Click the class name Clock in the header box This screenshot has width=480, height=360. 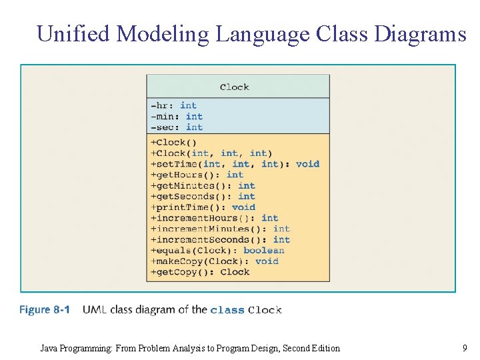coord(234,87)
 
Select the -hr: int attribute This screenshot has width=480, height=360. coord(173,105)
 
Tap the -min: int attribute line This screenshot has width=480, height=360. coord(177,116)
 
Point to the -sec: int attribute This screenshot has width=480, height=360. coord(177,127)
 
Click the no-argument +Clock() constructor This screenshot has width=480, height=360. coord(173,142)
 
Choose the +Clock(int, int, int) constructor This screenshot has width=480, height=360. coord(211,153)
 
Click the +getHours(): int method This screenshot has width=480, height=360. coord(197,175)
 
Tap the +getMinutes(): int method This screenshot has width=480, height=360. coord(203,185)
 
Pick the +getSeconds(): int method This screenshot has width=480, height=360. coord(203,196)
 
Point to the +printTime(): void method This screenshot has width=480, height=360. coord(203,207)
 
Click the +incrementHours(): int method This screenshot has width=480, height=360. coord(214,218)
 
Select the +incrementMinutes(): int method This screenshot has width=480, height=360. coord(220,229)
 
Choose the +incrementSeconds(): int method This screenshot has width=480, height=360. coord(220,239)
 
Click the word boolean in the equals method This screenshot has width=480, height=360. coord(264,251)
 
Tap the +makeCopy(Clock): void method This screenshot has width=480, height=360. coord(214,261)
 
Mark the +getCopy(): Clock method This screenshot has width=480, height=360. coord(200,272)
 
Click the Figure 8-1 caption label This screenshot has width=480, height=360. coord(45,309)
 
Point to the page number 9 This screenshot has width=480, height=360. coord(464,347)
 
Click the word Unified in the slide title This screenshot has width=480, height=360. coord(73,33)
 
